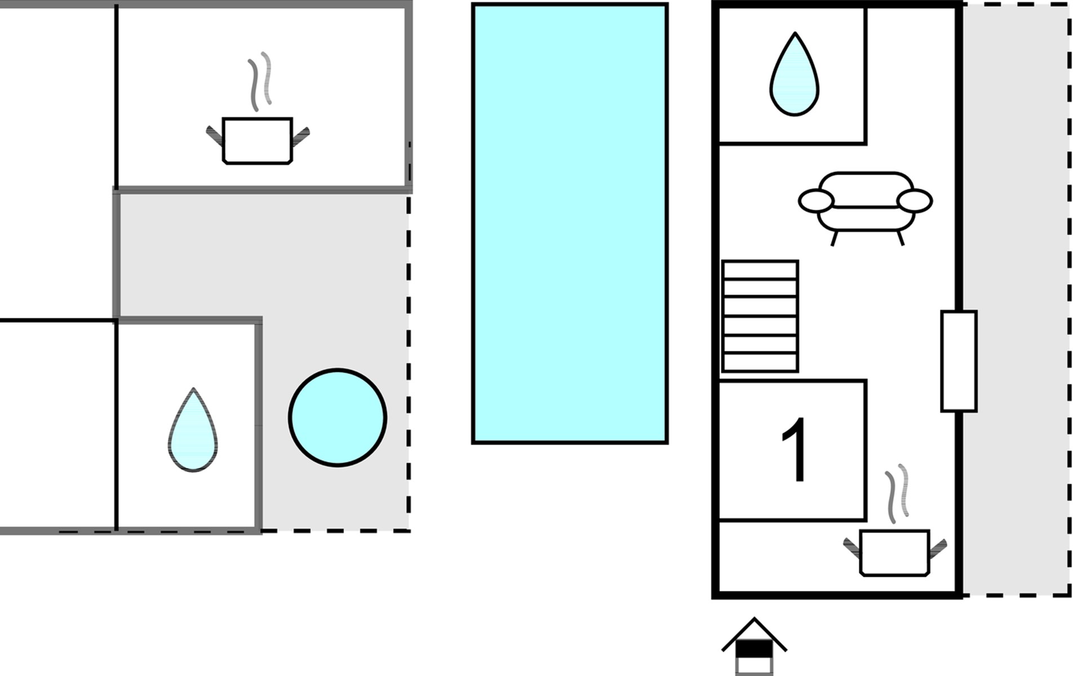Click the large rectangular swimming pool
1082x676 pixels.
[x=570, y=224]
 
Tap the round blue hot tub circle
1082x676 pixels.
[x=338, y=417]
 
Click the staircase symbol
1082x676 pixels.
[x=760, y=316]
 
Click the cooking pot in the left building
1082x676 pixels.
[x=258, y=141]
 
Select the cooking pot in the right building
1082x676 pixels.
[x=894, y=553]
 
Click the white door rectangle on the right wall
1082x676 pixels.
[x=959, y=361]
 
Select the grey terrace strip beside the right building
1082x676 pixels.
[x=1016, y=299]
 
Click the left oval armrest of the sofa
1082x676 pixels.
[x=815, y=201]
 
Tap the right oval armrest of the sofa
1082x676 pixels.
[x=914, y=201]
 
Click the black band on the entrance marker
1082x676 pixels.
[x=754, y=649]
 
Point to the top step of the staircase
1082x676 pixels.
[x=760, y=270]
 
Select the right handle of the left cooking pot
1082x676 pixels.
[x=300, y=136]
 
